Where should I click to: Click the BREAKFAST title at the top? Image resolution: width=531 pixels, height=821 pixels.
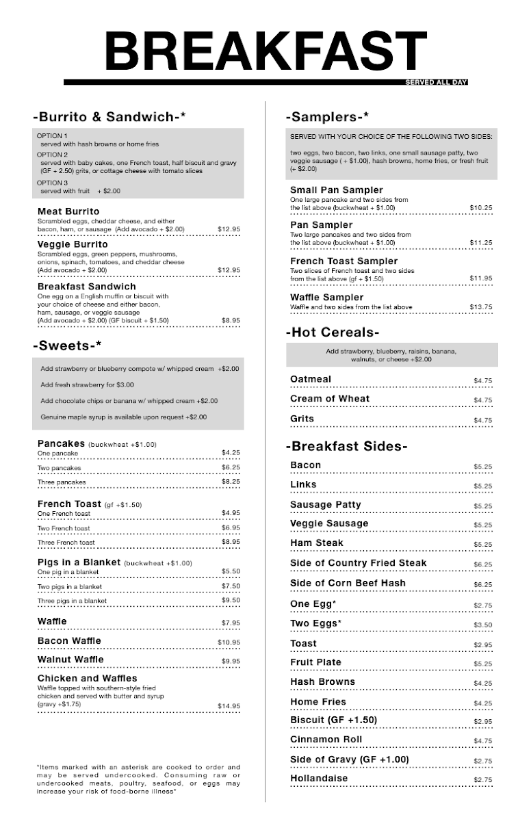(265, 51)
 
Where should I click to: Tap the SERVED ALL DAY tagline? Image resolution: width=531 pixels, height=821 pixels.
(436, 83)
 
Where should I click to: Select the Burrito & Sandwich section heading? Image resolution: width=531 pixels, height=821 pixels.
(109, 117)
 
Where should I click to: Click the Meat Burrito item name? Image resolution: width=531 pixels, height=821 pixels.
(68, 211)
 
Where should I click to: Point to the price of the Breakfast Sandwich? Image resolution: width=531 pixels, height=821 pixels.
(231, 320)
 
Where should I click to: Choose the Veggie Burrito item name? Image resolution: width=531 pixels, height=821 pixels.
(73, 244)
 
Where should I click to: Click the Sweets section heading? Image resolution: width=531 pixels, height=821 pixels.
(67, 345)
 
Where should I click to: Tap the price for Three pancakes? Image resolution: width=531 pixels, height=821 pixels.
(231, 482)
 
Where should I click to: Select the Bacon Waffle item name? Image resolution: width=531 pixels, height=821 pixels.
(69, 641)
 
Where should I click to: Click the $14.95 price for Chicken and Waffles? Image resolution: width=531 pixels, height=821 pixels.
(229, 706)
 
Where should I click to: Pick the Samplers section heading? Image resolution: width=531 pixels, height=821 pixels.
(328, 117)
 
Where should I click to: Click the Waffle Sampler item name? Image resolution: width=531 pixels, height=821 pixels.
(326, 298)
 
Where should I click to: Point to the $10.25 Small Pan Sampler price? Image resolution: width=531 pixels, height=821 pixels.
(481, 207)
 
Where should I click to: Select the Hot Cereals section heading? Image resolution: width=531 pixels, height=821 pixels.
(332, 333)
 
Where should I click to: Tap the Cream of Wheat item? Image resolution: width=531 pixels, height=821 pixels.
(329, 399)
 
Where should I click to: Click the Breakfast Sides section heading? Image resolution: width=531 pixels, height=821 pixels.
(346, 447)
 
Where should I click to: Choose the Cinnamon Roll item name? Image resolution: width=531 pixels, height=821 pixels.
(326, 740)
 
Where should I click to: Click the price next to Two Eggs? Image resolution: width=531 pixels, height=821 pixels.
(482, 625)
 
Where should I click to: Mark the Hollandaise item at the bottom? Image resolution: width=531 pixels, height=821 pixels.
(319, 779)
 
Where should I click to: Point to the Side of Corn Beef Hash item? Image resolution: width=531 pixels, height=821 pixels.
(348, 584)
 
